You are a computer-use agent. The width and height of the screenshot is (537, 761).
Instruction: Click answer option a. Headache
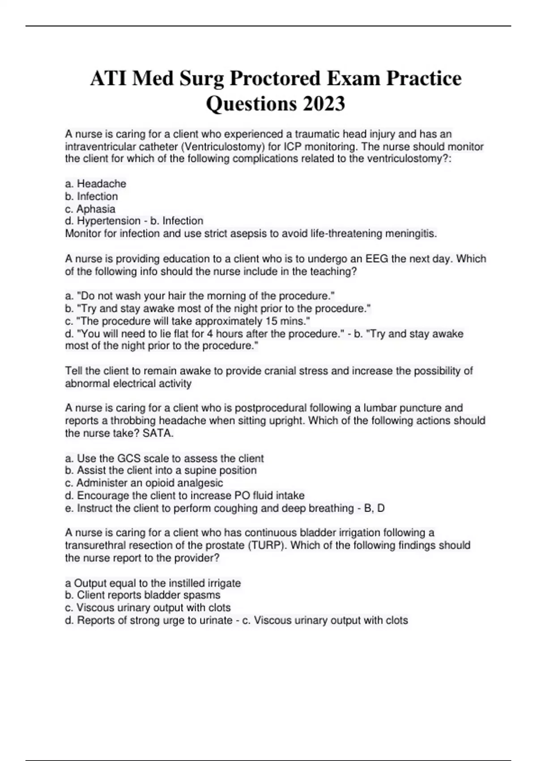pos(96,184)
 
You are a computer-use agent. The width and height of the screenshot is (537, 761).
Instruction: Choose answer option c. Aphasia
pos(90,209)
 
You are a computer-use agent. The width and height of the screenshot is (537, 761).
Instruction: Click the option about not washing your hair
pos(200,296)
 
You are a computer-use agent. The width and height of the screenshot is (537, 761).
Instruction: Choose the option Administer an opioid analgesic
pos(144,483)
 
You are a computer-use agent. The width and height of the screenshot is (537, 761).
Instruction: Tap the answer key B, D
pos(375,508)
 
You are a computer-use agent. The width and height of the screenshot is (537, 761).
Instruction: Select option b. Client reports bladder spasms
pos(143,595)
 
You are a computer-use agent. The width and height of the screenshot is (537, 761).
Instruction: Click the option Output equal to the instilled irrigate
pos(153,583)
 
